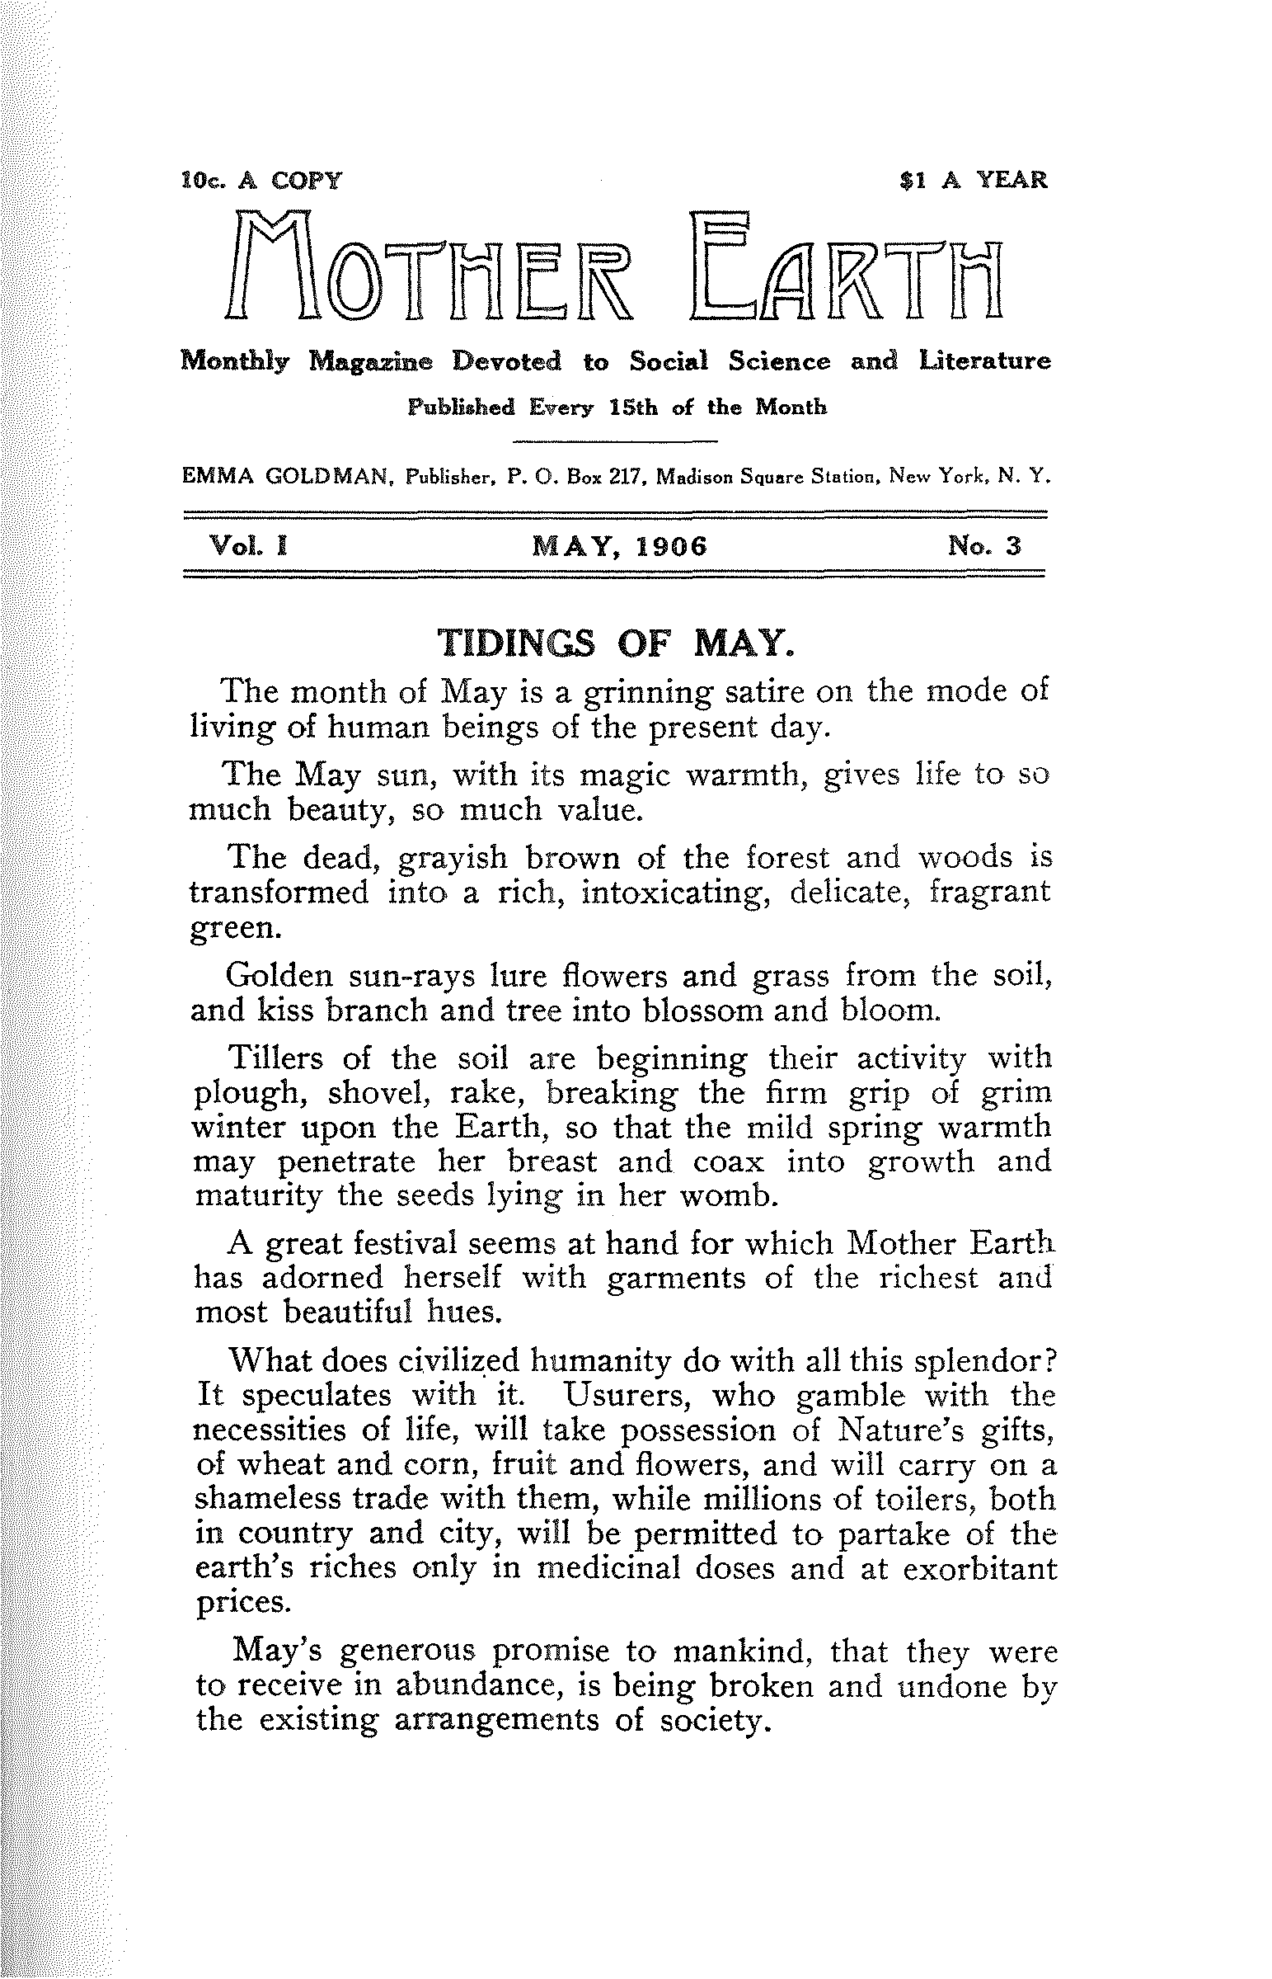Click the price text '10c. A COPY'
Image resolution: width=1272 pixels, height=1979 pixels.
(x=261, y=179)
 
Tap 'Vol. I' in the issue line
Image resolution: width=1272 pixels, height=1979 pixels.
(x=248, y=546)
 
